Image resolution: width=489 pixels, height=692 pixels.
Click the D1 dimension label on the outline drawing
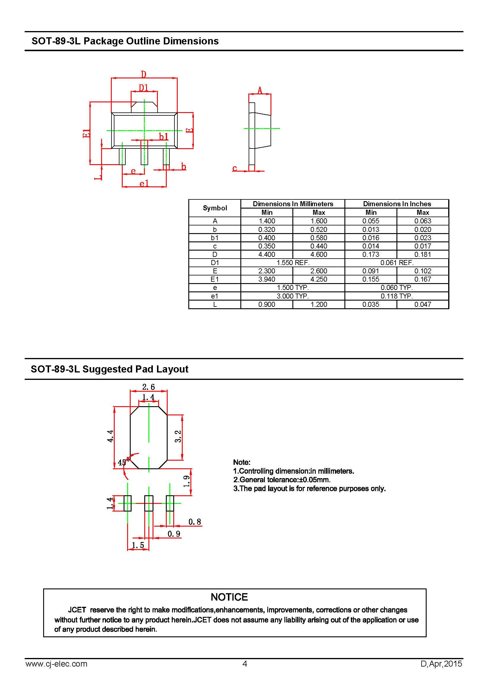coord(144,88)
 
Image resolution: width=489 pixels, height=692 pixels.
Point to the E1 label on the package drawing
coord(86,133)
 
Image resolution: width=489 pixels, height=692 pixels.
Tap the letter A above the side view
coord(260,90)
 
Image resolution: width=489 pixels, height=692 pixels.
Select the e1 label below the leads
coord(144,183)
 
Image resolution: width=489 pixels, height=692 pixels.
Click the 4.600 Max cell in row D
coord(319,254)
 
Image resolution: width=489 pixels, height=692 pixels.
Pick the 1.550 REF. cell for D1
coord(293,262)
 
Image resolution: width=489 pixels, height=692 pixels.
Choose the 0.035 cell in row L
coord(371,304)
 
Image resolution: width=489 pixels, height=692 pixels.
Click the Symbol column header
coord(215,208)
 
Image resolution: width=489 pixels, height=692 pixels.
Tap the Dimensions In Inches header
coord(397,204)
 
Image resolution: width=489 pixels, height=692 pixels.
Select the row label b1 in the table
coord(215,238)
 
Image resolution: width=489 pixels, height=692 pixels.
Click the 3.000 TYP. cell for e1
coord(293,296)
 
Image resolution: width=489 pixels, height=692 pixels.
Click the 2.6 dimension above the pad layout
coord(148,387)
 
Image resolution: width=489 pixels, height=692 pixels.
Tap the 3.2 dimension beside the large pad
coord(178,436)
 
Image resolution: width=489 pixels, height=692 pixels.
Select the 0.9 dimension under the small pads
coord(174,534)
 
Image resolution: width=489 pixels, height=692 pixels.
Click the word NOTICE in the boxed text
coord(229,597)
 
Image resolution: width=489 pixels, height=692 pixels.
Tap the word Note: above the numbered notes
coord(242,462)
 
